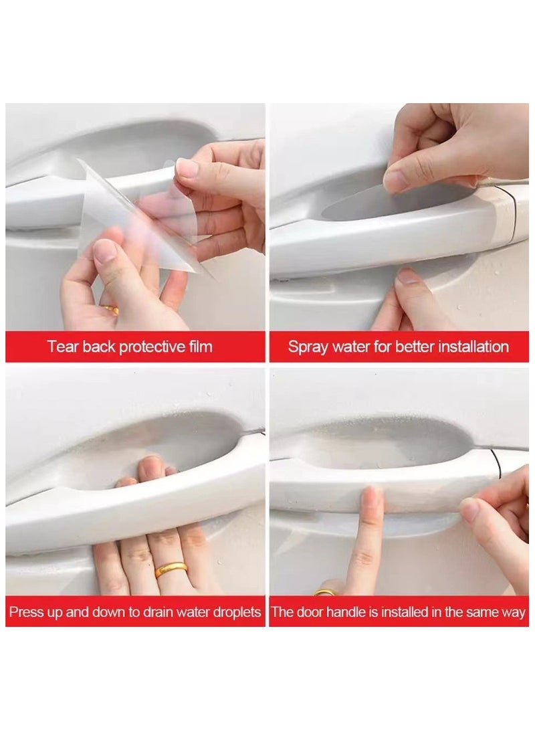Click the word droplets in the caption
pyautogui.click(x=237, y=612)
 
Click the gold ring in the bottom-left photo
pyautogui.click(x=171, y=569)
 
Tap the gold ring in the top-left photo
pyautogui.click(x=111, y=310)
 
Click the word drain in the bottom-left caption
pyautogui.click(x=158, y=612)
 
